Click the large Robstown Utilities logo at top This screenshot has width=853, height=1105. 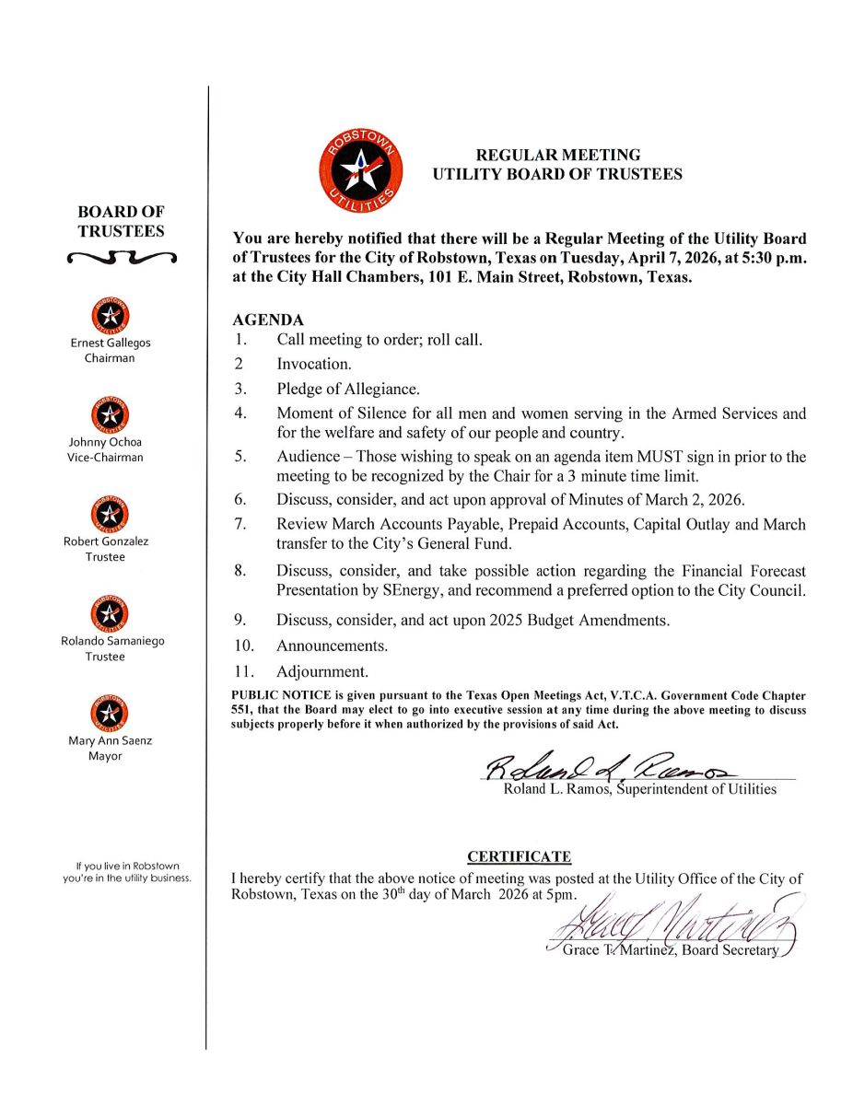point(361,168)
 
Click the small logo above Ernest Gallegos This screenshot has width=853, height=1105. point(111,317)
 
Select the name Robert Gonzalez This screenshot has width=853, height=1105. point(106,541)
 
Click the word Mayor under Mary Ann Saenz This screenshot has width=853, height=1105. point(106,756)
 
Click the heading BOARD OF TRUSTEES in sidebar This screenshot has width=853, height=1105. point(121,221)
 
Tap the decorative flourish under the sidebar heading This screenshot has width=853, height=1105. point(121,258)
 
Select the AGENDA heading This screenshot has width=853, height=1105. point(268,320)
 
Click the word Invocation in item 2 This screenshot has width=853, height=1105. point(313,365)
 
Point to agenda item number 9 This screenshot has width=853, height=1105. point(239,621)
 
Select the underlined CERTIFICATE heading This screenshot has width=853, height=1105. point(519,857)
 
